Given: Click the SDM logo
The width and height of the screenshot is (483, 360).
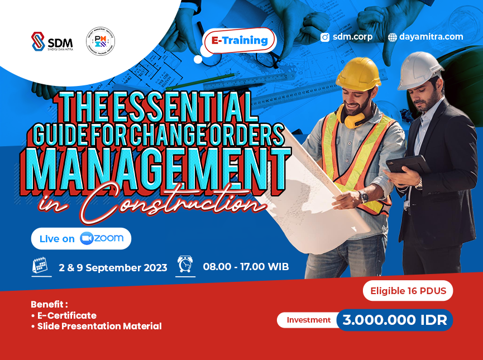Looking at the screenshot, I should click(52, 42).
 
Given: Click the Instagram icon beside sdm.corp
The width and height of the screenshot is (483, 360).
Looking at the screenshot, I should click(325, 37).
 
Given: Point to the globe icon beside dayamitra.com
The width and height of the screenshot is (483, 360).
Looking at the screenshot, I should click(393, 37).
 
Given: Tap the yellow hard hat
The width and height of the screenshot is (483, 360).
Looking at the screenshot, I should click(358, 74).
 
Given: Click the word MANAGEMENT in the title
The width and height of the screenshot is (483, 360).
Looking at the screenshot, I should click(156, 164).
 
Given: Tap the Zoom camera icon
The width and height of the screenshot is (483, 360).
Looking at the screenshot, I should click(87, 238).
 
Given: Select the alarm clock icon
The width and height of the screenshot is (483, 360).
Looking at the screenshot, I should click(185, 265).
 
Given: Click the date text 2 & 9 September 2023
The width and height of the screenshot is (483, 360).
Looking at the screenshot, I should click(113, 267).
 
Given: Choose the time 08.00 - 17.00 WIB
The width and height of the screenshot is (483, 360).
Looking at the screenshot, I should click(246, 267).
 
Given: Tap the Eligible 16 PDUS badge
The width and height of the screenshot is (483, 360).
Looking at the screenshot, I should click(407, 291).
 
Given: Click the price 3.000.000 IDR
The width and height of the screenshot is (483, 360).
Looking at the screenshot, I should click(394, 320).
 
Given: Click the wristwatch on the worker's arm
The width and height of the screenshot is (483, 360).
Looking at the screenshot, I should click(364, 196).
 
